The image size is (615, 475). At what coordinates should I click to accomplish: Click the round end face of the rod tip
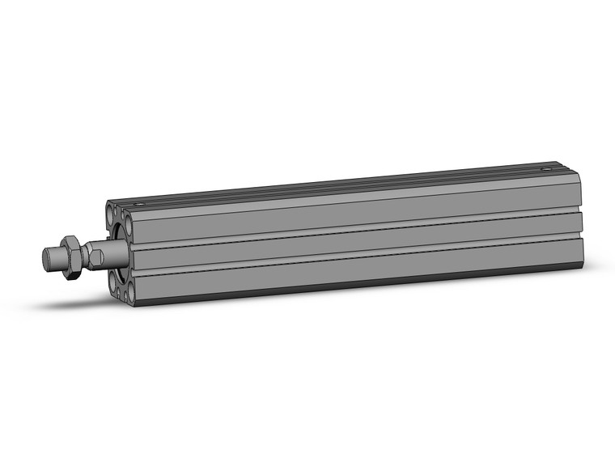pyautogui.click(x=47, y=261)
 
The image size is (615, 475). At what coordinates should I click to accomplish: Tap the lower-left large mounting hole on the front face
pyautogui.click(x=112, y=280)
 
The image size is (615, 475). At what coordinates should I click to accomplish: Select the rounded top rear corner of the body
pyautogui.click(x=573, y=168)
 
